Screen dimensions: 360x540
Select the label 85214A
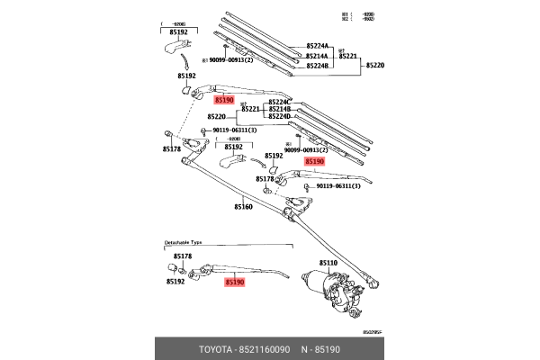(318, 55)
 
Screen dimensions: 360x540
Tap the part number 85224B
(318, 65)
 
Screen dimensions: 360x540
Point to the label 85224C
(278, 102)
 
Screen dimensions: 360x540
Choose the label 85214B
(278, 109)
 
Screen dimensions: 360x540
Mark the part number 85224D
(278, 116)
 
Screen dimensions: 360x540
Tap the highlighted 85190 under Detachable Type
(234, 282)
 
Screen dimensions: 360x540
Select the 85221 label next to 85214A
(348, 55)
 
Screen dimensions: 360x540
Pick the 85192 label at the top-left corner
(179, 31)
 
